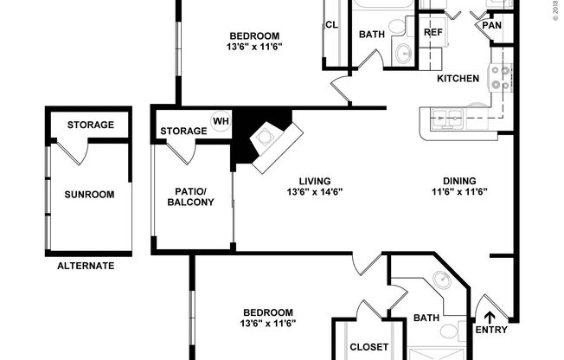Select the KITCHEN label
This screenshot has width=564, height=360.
(x=458, y=79)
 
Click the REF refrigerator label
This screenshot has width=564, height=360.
(x=433, y=32)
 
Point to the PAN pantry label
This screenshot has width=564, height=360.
(x=490, y=25)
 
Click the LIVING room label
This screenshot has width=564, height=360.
(x=315, y=181)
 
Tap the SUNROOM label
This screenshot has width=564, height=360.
(x=89, y=195)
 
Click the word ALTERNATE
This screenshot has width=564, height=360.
(x=86, y=266)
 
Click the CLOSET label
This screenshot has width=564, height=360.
(x=369, y=348)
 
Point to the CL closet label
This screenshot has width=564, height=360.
(x=331, y=25)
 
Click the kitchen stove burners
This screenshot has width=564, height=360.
(x=499, y=79)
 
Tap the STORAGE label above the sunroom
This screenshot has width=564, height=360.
(x=90, y=125)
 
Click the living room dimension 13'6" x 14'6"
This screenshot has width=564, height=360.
(x=315, y=192)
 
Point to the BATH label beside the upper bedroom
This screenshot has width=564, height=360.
(x=371, y=35)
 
